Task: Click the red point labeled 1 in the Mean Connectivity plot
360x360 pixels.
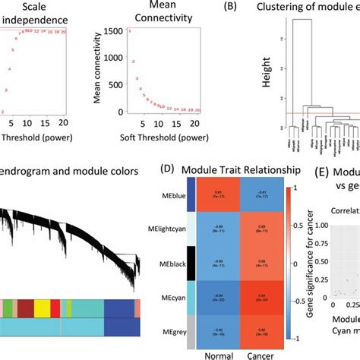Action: coord(130,30)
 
